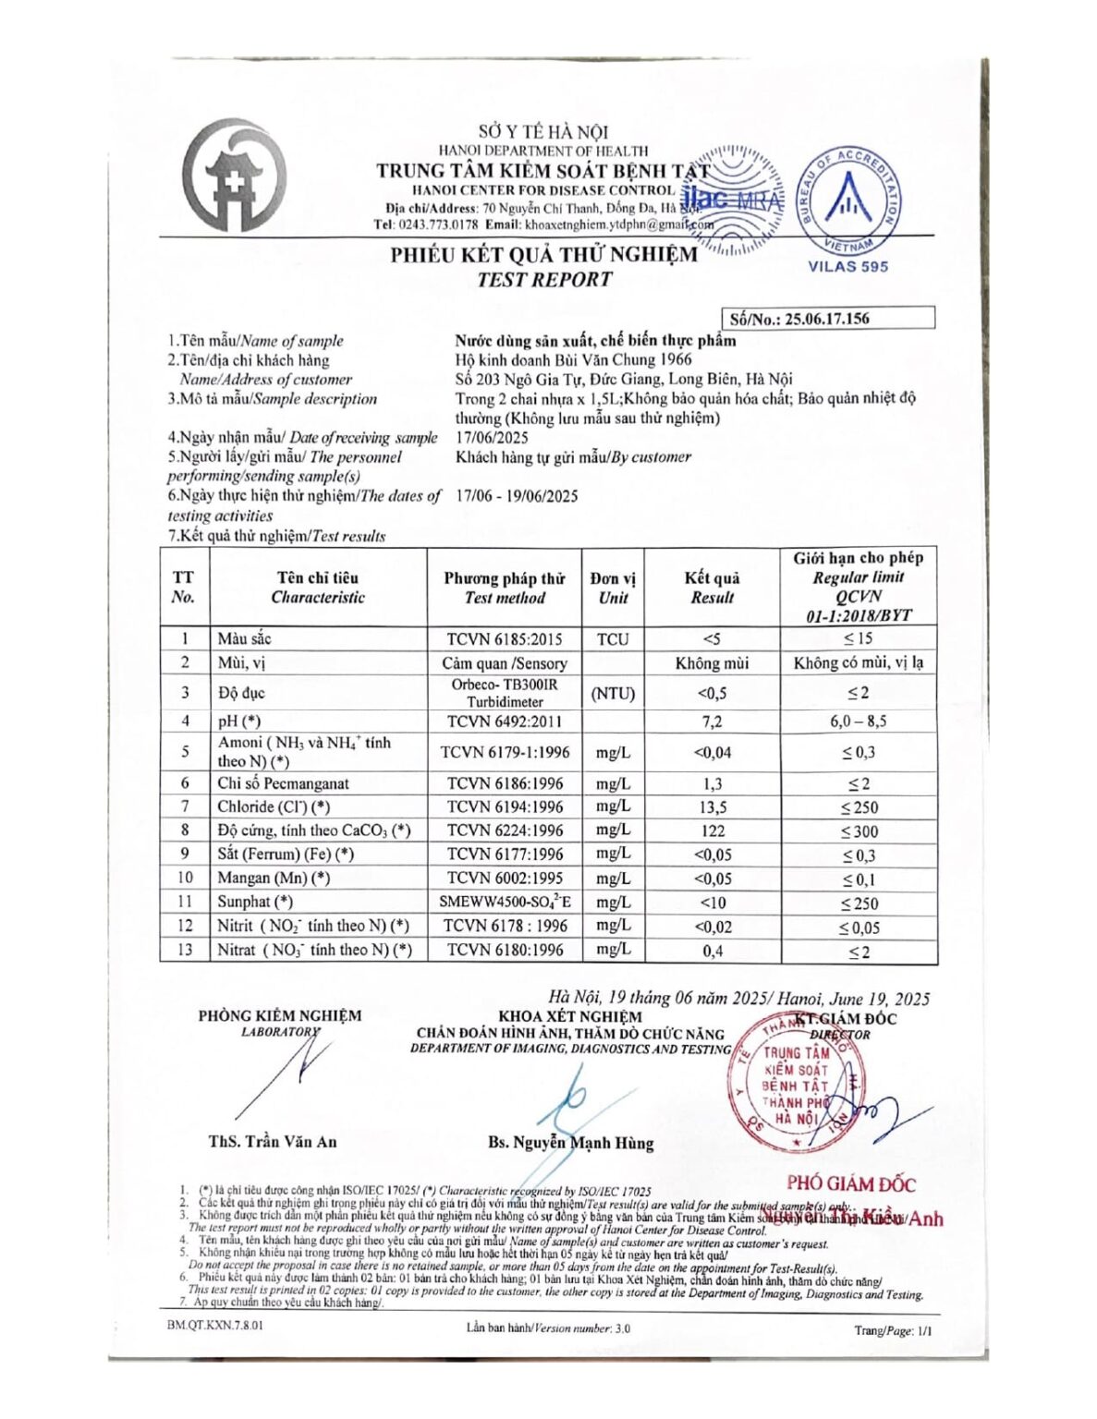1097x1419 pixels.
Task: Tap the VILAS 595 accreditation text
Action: click(847, 266)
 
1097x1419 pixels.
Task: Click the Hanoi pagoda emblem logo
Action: click(234, 175)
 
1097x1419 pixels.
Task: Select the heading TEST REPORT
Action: click(544, 279)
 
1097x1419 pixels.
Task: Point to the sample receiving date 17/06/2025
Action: click(492, 437)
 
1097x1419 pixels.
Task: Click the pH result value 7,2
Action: click(712, 722)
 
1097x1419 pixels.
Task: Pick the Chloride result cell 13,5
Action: click(713, 807)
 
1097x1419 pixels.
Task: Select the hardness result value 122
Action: click(713, 831)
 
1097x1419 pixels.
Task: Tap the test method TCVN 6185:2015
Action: click(505, 638)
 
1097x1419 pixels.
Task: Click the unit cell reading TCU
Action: click(612, 638)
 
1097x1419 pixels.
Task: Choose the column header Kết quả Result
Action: click(712, 588)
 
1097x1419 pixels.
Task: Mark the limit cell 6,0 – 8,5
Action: click(859, 722)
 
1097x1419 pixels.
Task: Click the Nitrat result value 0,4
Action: click(713, 951)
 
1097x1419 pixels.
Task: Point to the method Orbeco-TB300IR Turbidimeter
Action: click(505, 693)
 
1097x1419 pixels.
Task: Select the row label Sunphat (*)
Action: click(255, 902)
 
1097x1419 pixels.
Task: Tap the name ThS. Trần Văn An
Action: click(273, 1142)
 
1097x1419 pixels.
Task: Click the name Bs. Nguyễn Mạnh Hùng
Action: click(570, 1143)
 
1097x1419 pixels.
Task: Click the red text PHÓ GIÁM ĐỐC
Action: click(851, 1183)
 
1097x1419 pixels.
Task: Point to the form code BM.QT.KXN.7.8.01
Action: click(215, 1325)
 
